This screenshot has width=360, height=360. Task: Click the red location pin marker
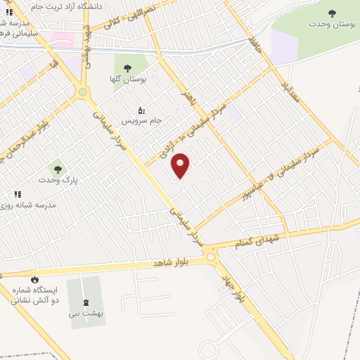(181, 165)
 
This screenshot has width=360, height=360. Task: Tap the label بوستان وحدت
(332, 24)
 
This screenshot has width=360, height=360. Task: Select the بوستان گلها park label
(129, 79)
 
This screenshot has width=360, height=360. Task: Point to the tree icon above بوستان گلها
(127, 67)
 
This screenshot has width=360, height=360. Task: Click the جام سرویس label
(141, 120)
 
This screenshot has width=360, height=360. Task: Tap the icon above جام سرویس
(141, 110)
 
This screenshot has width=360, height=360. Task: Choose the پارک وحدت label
(58, 181)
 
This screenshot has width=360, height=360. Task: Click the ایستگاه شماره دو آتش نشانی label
(34, 295)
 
